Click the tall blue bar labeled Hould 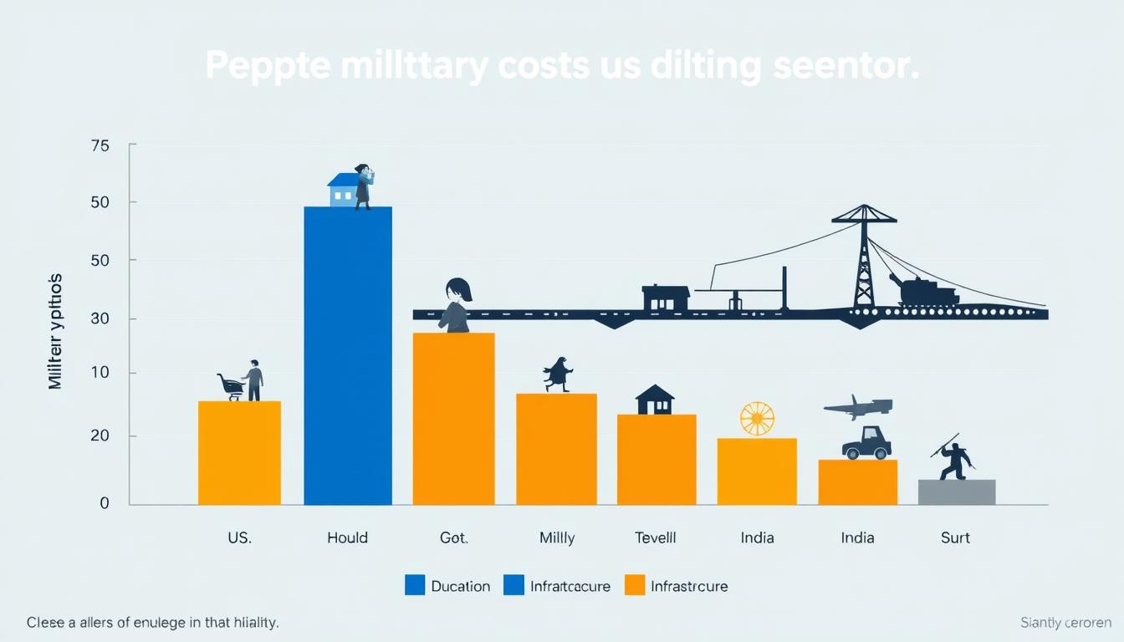pos(347,355)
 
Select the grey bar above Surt pos(956,492)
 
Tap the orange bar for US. pos(239,453)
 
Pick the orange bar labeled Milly pos(556,449)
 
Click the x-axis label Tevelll pos(656,538)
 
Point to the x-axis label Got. pos(453,538)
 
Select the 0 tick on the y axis pos(105,503)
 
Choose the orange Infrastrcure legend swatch pos(635,585)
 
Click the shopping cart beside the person pos(230,386)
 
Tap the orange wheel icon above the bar pos(757,419)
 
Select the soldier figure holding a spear pos(954,458)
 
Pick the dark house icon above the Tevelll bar pos(655,400)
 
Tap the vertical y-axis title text pos(55,331)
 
